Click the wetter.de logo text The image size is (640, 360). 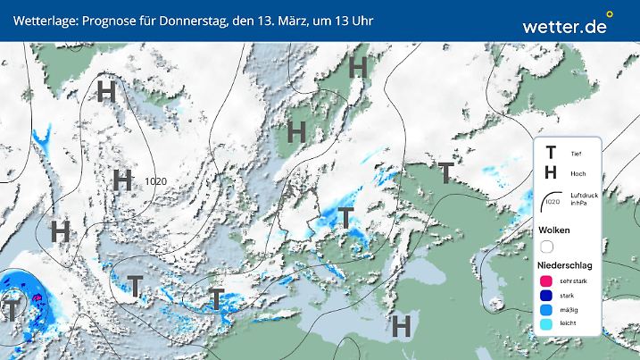pyautogui.click(x=565, y=27)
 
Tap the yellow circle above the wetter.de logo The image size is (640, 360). pyautogui.click(x=610, y=13)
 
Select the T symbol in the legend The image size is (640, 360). pyautogui.click(x=551, y=154)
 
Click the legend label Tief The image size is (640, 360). pyautogui.click(x=576, y=155)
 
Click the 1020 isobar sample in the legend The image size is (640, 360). pyautogui.click(x=553, y=202)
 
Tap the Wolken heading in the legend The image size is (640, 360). pyautogui.click(x=553, y=230)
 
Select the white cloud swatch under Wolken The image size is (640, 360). pyautogui.click(x=547, y=247)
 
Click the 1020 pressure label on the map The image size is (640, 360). pyautogui.click(x=155, y=180)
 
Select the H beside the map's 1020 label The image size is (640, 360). pyautogui.click(x=123, y=180)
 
